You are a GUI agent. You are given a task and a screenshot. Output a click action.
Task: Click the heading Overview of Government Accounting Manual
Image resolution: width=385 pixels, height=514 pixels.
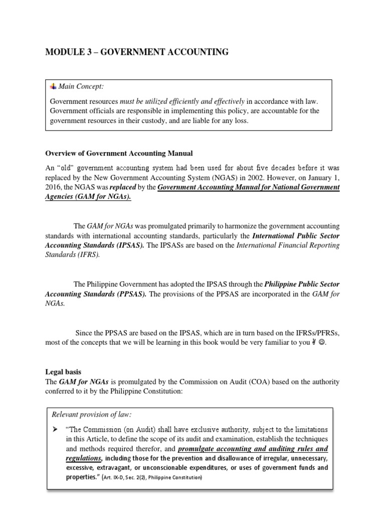pos(119,153)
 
